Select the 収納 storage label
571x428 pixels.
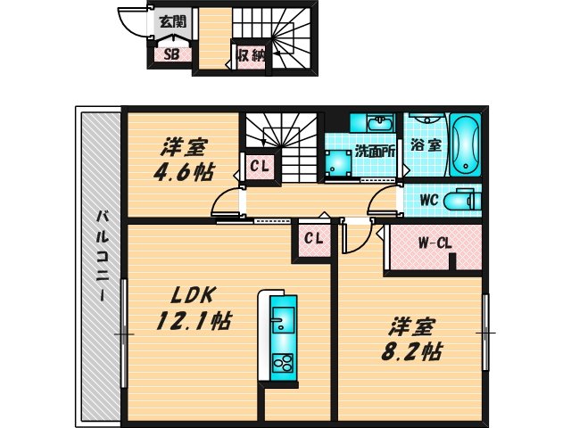[x=251, y=55]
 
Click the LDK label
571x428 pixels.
[x=190, y=294]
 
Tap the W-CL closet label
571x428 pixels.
[x=434, y=242]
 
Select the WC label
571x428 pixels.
[x=426, y=200]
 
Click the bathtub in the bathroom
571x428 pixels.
[x=465, y=145]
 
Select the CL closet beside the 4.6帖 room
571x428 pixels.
[x=260, y=165]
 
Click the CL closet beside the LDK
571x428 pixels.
[x=313, y=238]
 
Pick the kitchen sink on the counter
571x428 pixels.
[x=282, y=318]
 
